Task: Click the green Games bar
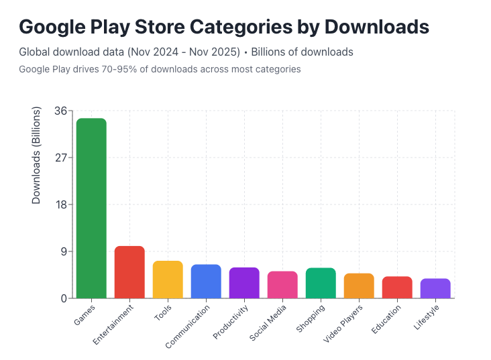91,208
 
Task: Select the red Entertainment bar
129,272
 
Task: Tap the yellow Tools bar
168,280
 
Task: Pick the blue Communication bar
206,282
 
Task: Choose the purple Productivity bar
244,283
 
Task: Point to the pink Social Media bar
282,285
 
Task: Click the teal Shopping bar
321,283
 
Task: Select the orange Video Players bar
359,286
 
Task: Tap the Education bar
397,288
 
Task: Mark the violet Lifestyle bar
435,288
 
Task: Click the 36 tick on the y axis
60,111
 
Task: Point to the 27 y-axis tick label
60,158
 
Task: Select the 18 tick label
60,205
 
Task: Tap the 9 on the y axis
62,252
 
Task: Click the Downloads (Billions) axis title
37,155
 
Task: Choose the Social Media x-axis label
268,322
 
